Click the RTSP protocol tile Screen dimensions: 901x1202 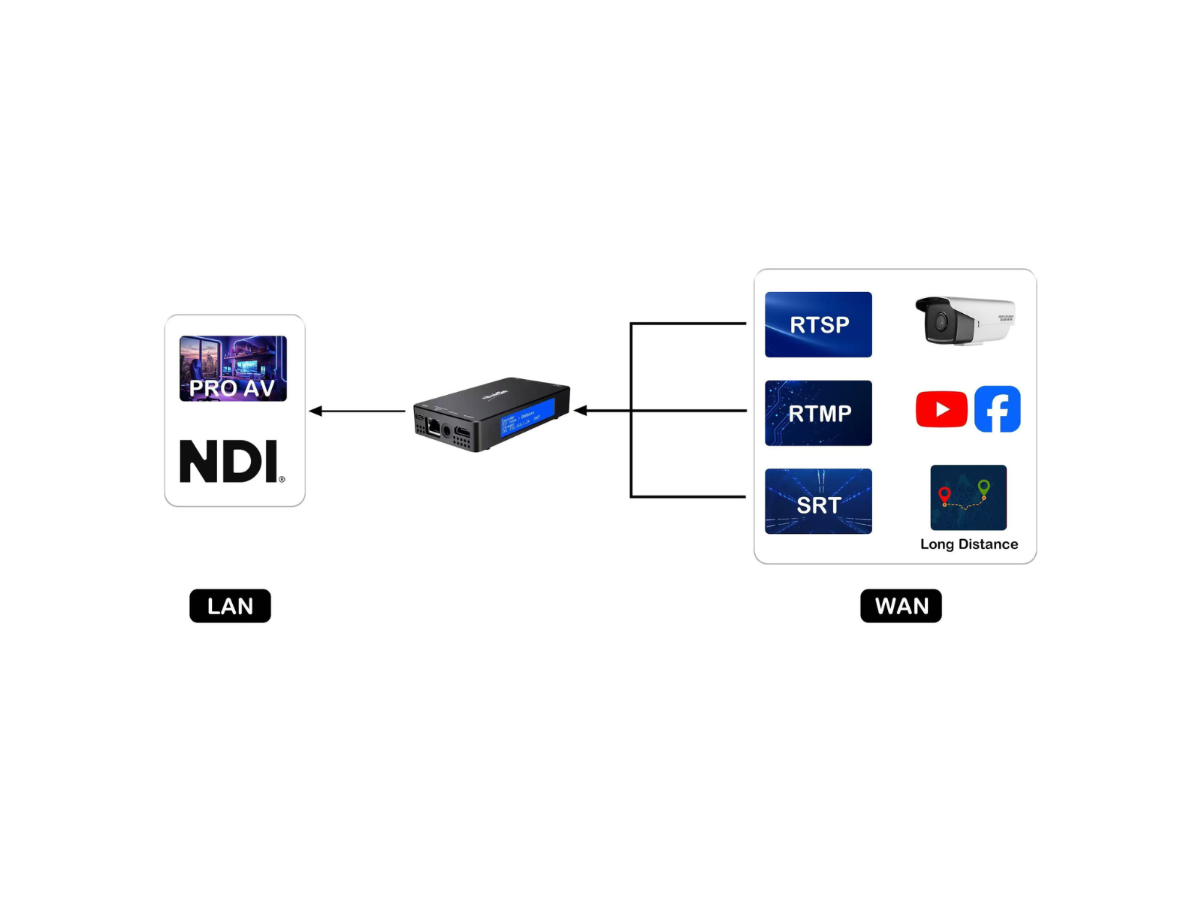(x=818, y=324)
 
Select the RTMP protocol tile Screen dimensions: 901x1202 (x=818, y=413)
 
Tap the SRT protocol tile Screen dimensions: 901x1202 (x=818, y=502)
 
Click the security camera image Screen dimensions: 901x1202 (x=965, y=321)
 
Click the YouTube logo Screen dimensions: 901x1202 (x=941, y=409)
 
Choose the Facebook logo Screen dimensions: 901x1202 (x=997, y=409)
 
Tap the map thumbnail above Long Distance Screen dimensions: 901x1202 (x=968, y=497)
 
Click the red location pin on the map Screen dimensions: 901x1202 (x=944, y=494)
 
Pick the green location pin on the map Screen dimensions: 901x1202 (x=983, y=487)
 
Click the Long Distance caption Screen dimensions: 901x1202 (x=969, y=544)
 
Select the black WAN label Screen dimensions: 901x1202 (x=901, y=606)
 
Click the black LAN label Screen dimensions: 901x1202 (x=230, y=606)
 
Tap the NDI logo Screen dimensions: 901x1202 (x=229, y=461)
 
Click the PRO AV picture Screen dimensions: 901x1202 (x=233, y=369)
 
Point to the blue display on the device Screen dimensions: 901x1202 (x=528, y=417)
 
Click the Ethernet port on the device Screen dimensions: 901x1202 (x=433, y=428)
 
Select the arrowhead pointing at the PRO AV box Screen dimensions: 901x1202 (x=316, y=411)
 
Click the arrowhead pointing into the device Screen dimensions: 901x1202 (x=581, y=411)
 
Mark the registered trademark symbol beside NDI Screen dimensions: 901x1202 (x=282, y=479)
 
